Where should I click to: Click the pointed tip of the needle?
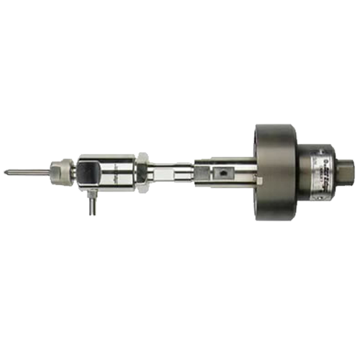click(x=6, y=172)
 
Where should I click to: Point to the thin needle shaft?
click(x=25, y=172)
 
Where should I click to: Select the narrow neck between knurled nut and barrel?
click(x=75, y=172)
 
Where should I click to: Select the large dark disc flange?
click(x=274, y=173)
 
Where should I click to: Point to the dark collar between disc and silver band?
click(x=302, y=173)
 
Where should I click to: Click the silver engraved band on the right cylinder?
click(x=324, y=173)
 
